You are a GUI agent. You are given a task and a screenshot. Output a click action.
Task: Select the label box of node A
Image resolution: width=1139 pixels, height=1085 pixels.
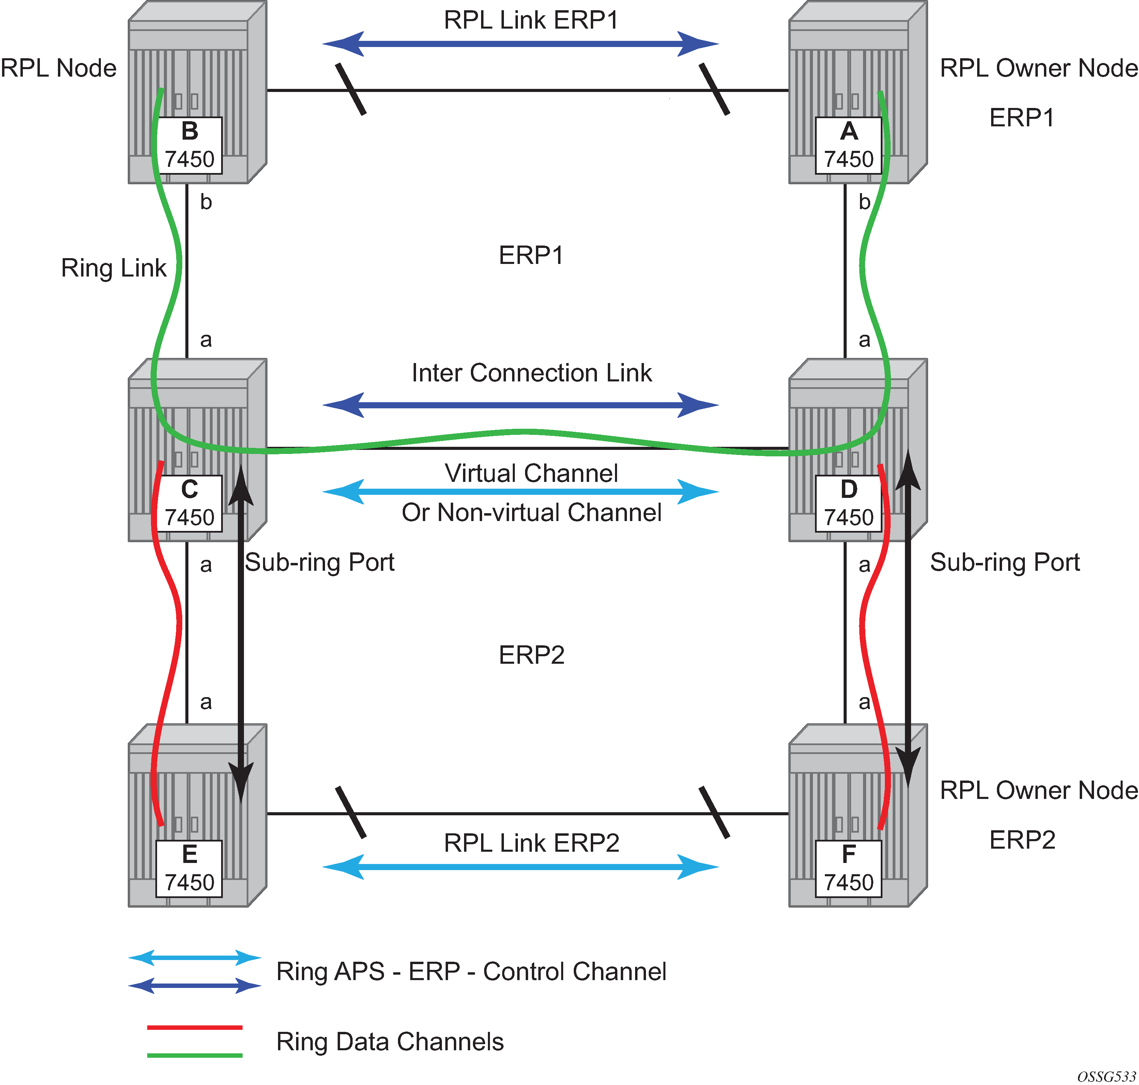(848, 145)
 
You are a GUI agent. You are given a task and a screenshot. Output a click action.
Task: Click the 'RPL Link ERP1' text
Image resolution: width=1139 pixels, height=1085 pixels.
(531, 20)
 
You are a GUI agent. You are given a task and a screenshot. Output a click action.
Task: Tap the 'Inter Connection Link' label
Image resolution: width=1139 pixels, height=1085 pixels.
(531, 373)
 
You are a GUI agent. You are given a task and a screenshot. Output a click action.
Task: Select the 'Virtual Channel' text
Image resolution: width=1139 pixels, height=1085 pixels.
(531, 473)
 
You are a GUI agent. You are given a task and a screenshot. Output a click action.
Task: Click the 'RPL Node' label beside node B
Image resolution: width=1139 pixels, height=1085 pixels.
(59, 68)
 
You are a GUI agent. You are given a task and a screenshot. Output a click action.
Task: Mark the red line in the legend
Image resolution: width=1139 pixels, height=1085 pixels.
(195, 1027)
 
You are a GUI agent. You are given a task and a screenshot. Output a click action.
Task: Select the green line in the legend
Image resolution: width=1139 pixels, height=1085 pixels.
(195, 1055)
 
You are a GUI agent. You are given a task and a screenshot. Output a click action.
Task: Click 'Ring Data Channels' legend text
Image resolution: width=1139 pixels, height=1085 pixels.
(389, 1042)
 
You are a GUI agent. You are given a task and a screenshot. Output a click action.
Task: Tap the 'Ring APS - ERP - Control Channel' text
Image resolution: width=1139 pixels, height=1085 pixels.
(471, 972)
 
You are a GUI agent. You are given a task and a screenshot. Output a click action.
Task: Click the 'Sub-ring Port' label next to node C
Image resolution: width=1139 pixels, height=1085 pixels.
(320, 562)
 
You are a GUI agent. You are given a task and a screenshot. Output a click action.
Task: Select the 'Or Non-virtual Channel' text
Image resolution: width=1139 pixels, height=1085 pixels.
(531, 513)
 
